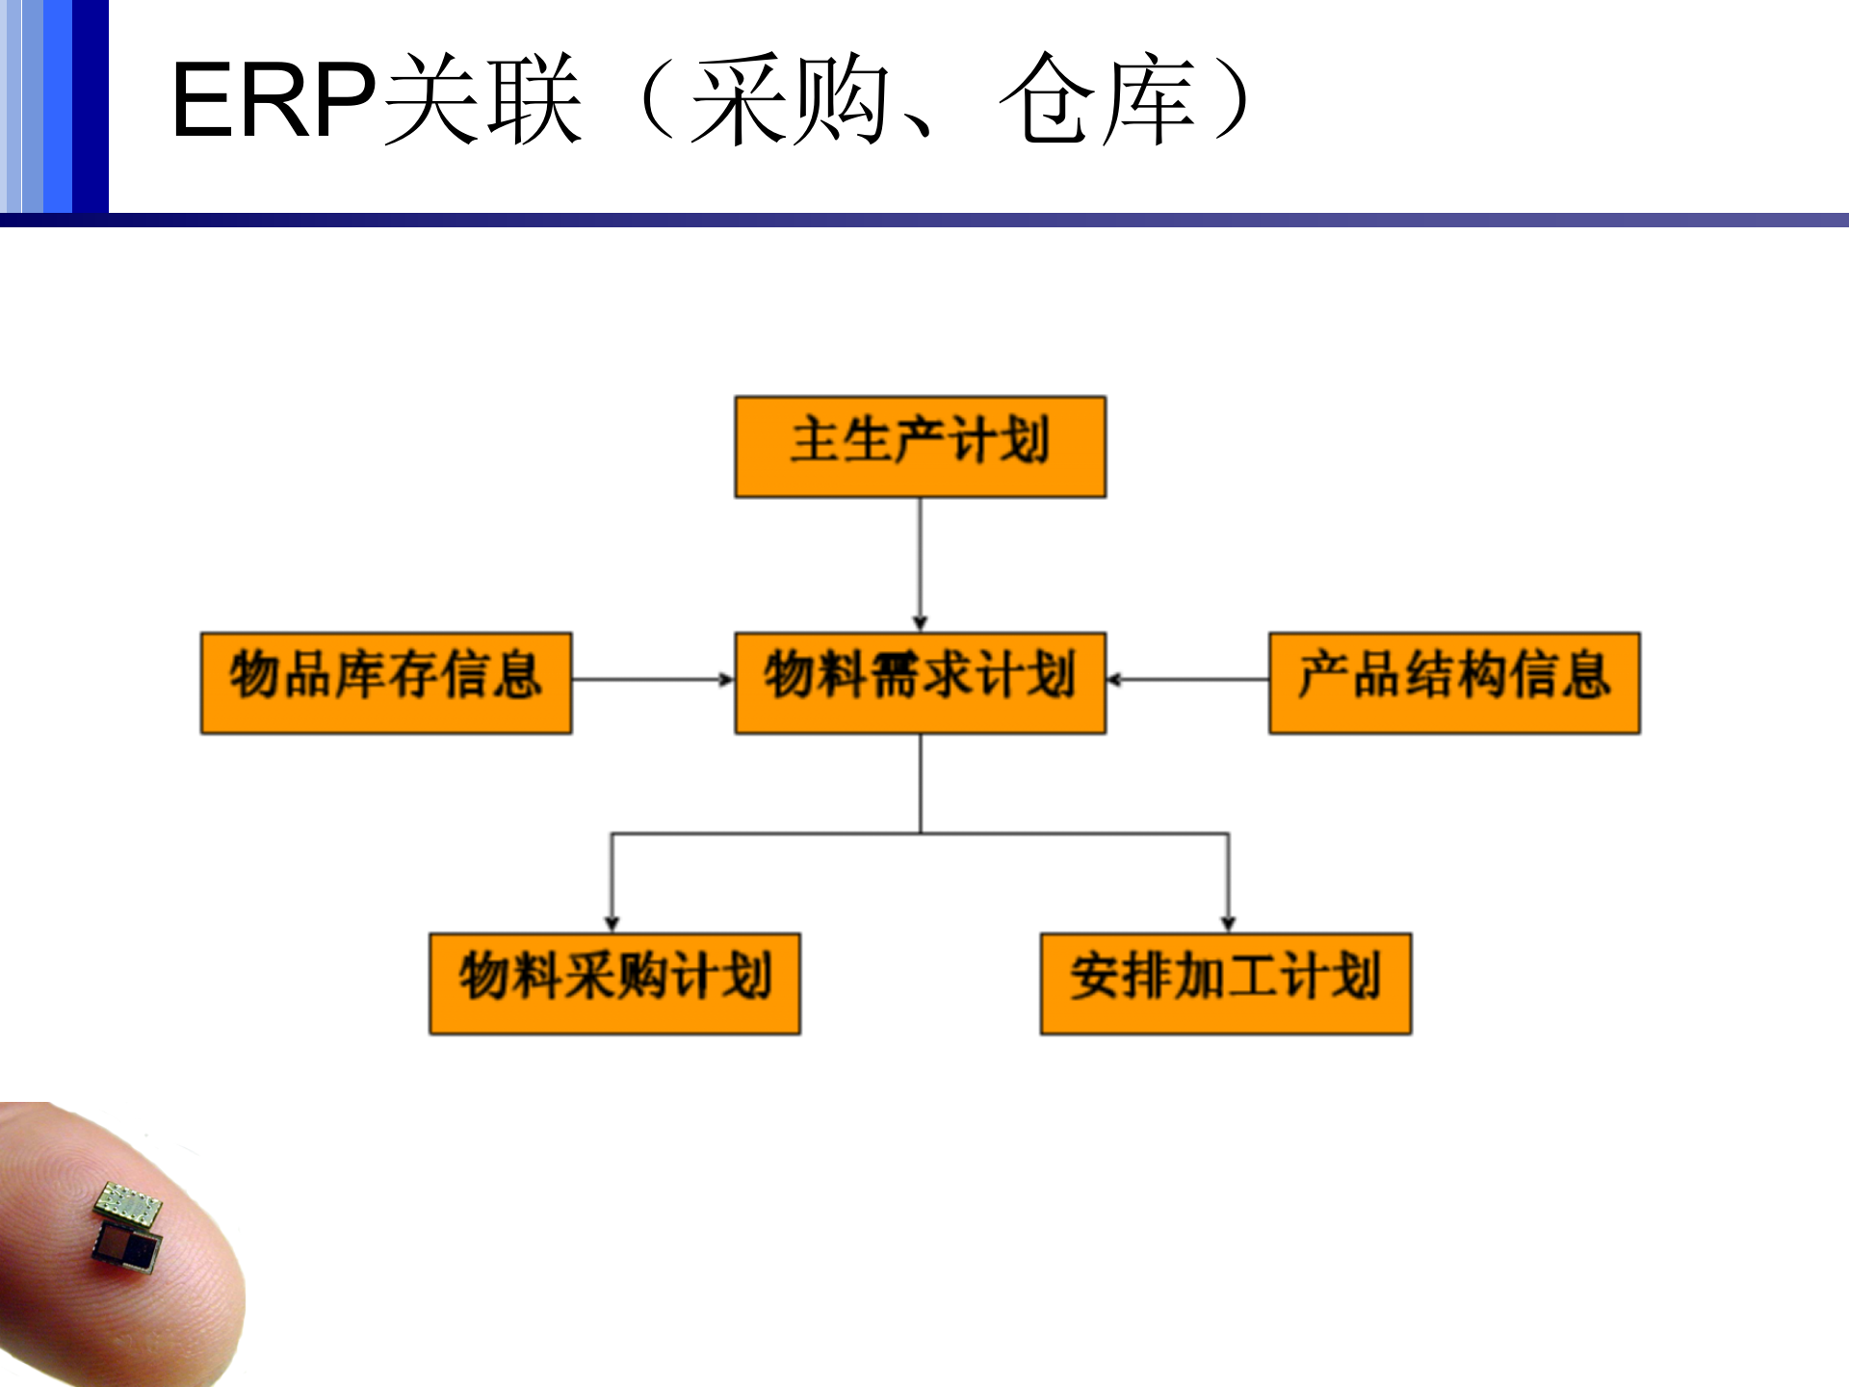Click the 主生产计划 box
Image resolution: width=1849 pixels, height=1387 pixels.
[x=920, y=446]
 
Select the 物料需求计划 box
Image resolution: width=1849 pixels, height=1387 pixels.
[x=920, y=683]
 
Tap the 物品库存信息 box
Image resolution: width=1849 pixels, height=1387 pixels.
[x=385, y=683]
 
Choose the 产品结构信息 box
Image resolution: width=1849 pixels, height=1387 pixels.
[x=1454, y=683]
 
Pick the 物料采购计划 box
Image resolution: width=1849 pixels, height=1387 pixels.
[x=614, y=983]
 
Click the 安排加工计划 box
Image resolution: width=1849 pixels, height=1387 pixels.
[x=1226, y=983]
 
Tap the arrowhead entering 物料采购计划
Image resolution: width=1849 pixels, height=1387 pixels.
[x=612, y=923]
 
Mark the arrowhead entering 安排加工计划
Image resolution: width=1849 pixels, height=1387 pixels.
[x=1228, y=923]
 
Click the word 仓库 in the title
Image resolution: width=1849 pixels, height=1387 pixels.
[x=1098, y=100]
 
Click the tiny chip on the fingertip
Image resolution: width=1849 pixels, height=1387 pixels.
[x=128, y=1228]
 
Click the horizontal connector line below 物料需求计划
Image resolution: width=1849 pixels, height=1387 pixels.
[x=920, y=833]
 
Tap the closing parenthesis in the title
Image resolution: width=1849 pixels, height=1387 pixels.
[x=1232, y=100]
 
